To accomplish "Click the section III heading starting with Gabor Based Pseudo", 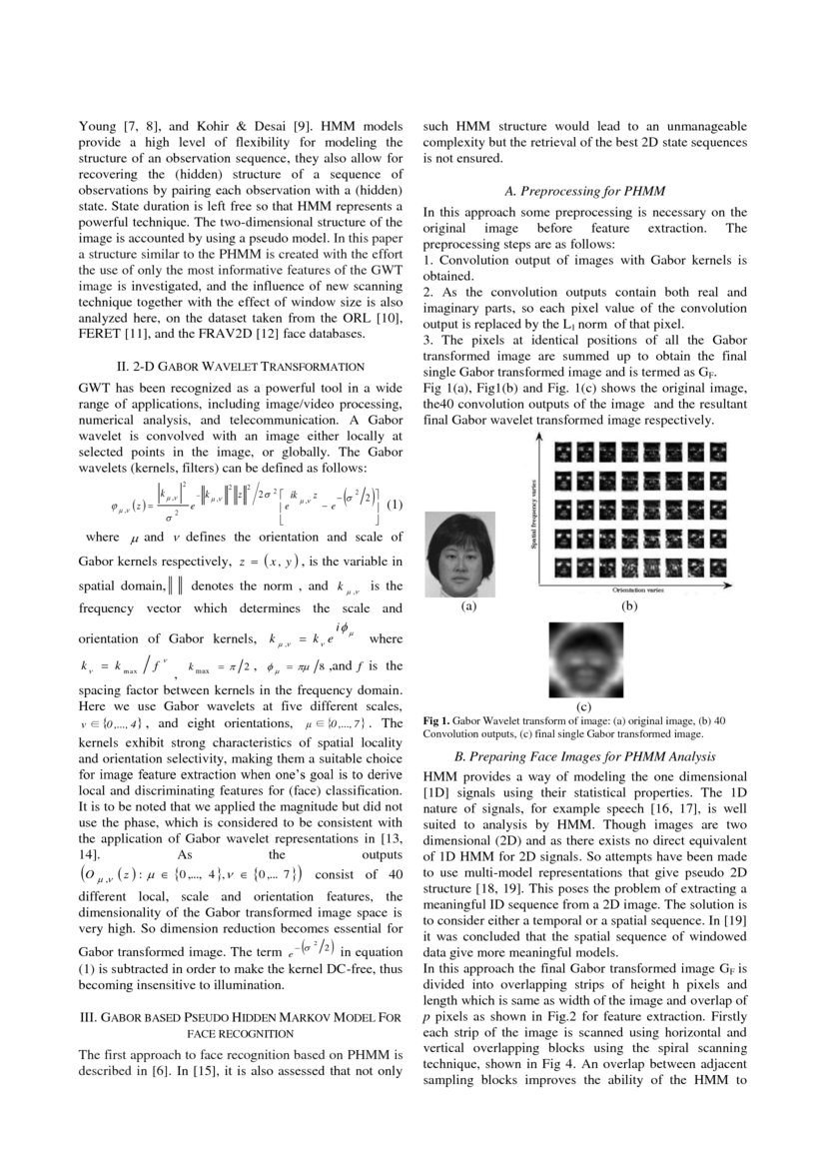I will point(241,1025).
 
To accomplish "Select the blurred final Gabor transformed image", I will point(586,659).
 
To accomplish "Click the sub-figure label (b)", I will point(629,605).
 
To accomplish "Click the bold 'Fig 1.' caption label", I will point(436,720).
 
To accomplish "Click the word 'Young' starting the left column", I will point(98,127).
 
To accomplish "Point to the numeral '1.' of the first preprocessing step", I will point(428,260).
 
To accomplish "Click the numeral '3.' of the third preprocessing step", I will point(428,341).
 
